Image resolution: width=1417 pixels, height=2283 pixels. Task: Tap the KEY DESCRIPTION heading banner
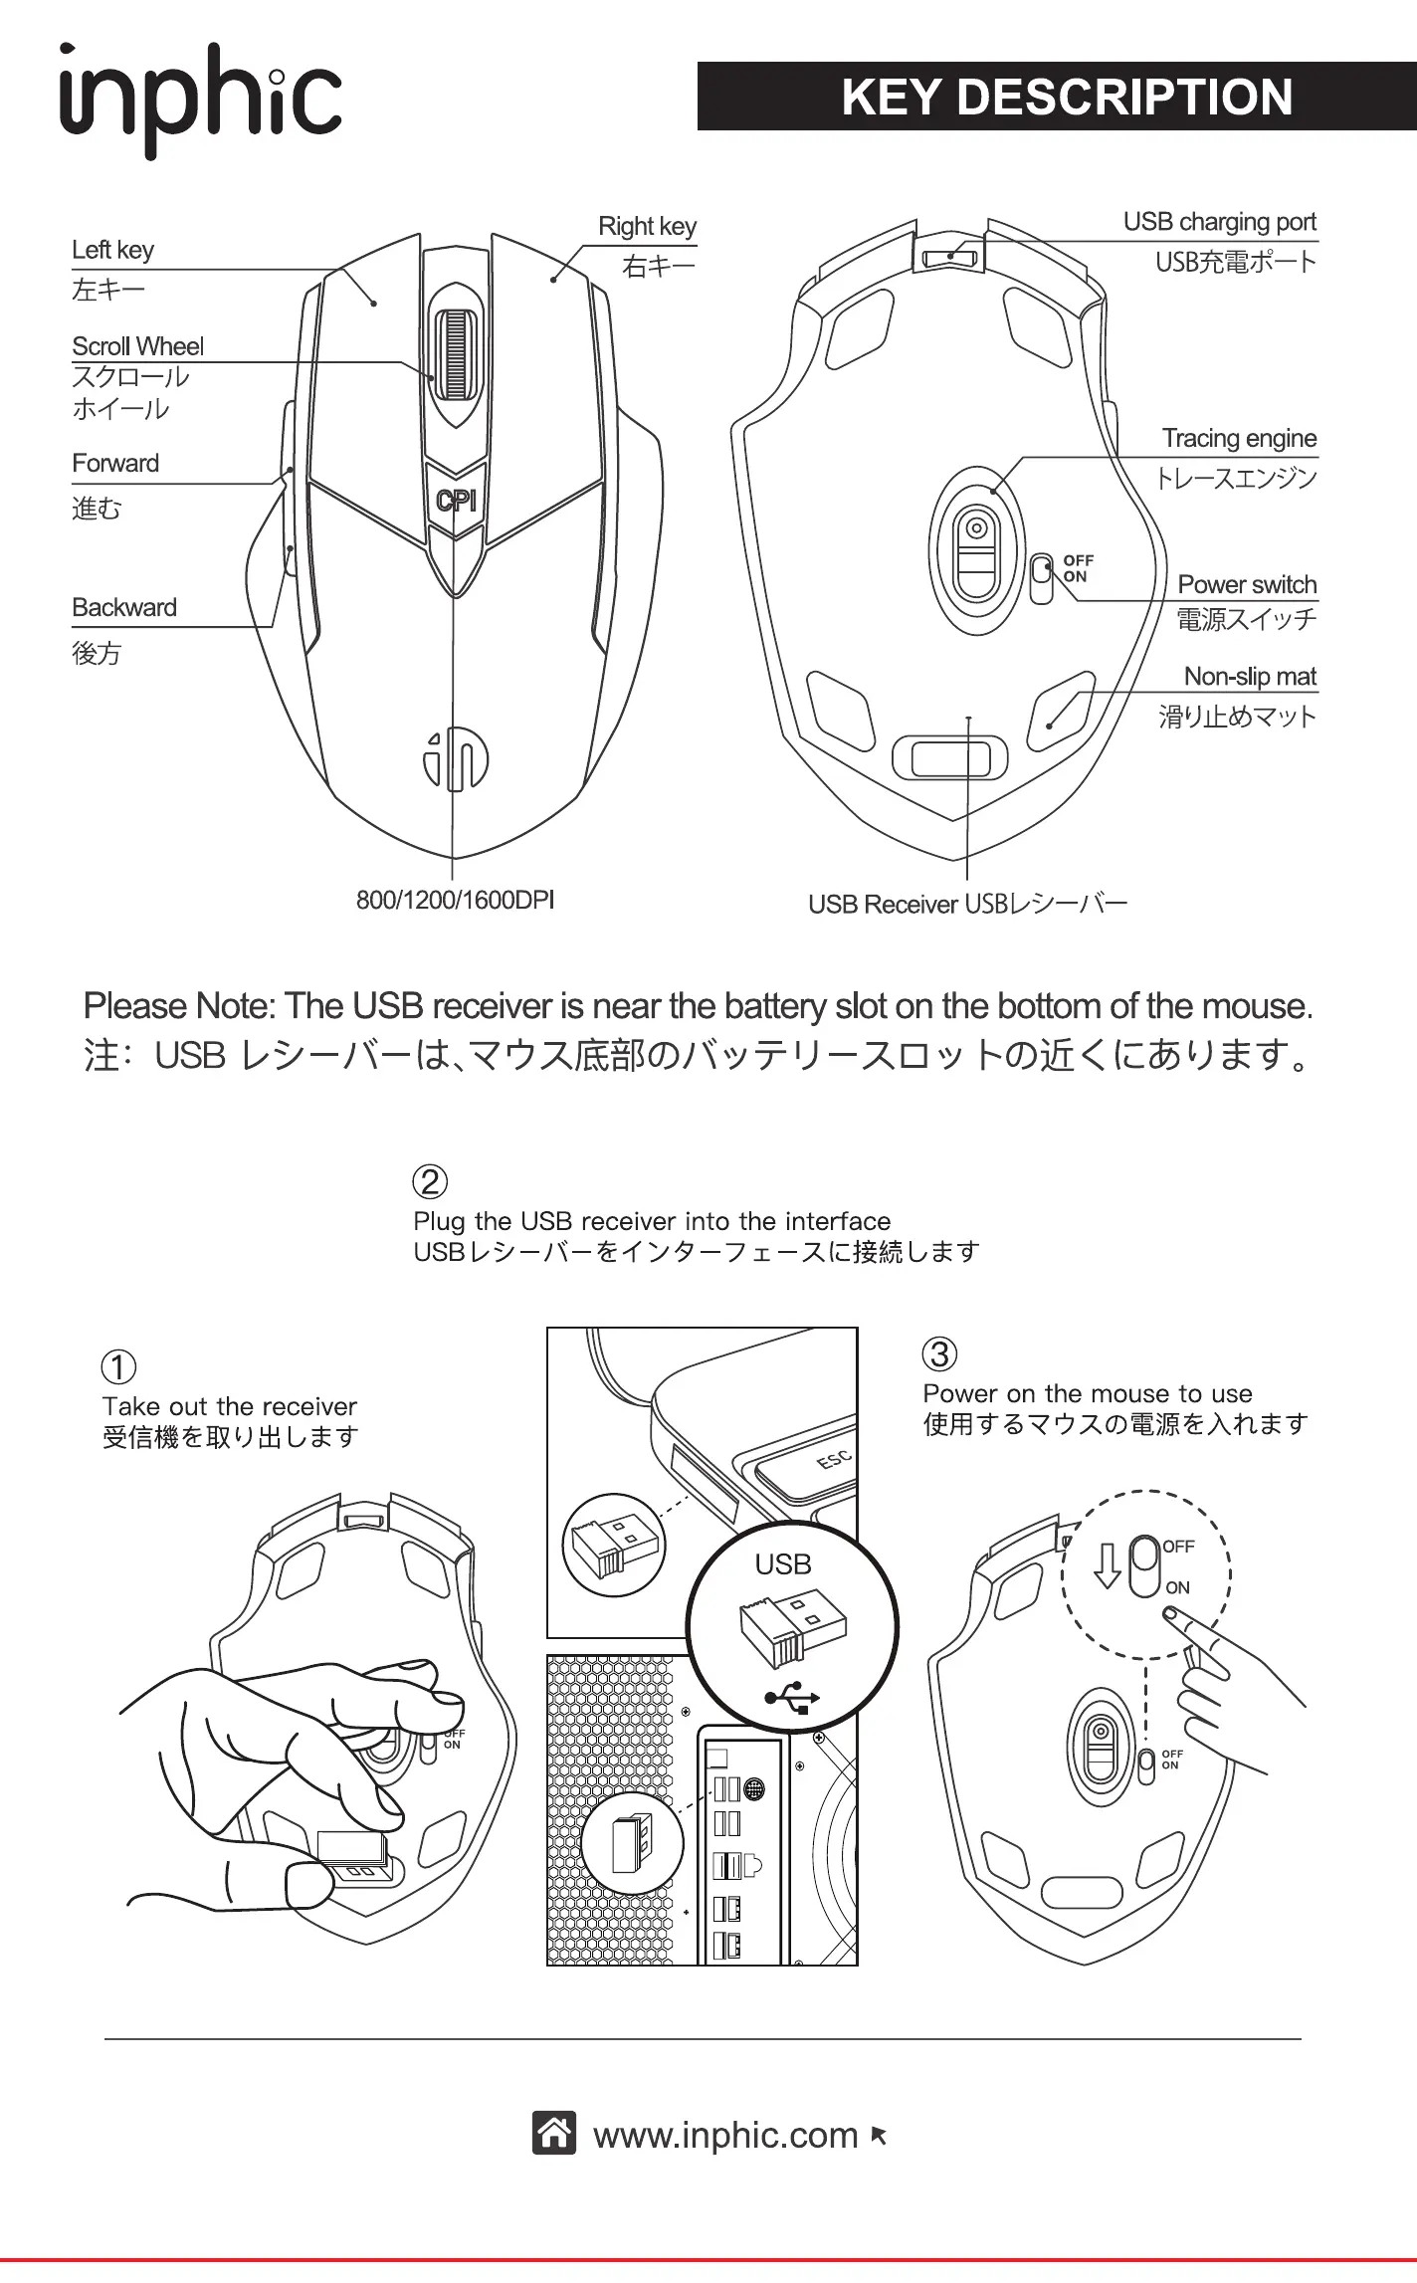[x=1056, y=97]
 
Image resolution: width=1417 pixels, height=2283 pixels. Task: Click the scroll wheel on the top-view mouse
[x=454, y=354]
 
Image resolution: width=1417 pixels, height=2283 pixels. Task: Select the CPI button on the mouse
[x=456, y=500]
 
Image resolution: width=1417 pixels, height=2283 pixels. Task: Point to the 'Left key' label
[x=112, y=250]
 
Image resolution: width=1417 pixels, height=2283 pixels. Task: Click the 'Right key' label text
[x=647, y=227]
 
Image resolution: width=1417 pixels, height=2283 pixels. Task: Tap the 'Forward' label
[x=115, y=464]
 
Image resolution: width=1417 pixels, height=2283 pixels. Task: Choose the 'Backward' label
[x=124, y=608]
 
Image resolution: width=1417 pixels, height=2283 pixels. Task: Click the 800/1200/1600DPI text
[x=455, y=901]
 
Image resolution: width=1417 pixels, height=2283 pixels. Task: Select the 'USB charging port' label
[x=1219, y=222]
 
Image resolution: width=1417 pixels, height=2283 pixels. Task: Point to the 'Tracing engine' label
[x=1239, y=439]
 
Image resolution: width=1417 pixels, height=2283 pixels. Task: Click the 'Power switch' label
[x=1247, y=585]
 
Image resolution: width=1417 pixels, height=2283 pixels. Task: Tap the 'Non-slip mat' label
[x=1250, y=677]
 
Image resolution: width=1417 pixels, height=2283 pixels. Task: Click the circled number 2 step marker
[x=430, y=1182]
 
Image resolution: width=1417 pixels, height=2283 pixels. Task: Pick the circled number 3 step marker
[x=940, y=1354]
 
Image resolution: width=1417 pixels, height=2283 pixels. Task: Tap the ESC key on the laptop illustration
[x=834, y=1459]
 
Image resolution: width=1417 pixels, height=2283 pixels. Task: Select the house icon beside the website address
[x=554, y=2134]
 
